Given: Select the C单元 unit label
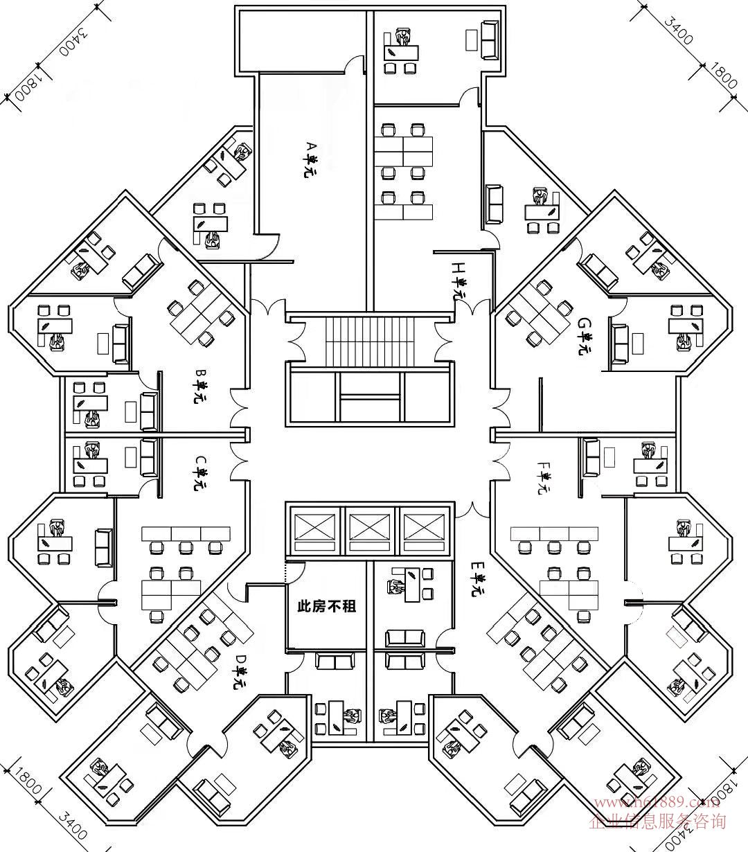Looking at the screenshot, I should click(x=200, y=473).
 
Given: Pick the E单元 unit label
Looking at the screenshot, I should click(x=478, y=579).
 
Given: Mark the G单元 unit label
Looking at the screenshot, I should click(x=586, y=336).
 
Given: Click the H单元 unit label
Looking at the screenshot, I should click(x=458, y=280).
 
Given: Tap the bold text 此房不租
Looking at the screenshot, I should click(x=326, y=606).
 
